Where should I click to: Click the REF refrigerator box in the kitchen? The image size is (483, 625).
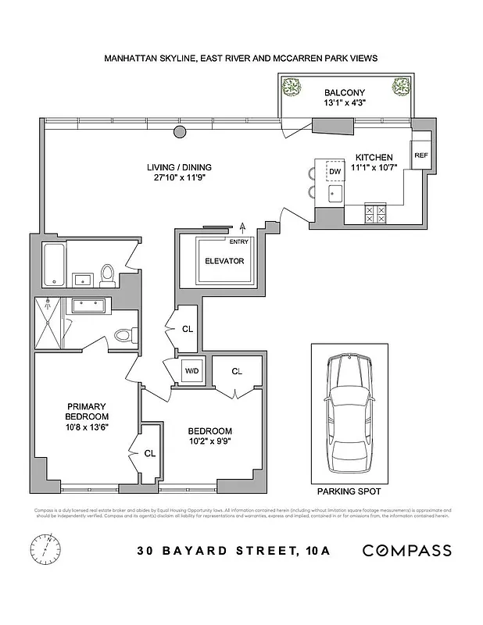coord(420,155)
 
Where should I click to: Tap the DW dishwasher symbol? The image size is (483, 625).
coord(335,171)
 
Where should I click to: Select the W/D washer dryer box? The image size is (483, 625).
coord(191,371)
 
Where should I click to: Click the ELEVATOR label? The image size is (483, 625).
coord(225,261)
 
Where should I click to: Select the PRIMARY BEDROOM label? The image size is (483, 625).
coord(87,411)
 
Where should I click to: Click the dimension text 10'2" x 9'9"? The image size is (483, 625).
coord(209,441)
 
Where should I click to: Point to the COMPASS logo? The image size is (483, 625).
coord(406,550)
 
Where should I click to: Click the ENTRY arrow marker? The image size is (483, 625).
coord(243,227)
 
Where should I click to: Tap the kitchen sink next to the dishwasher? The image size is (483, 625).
coord(335,192)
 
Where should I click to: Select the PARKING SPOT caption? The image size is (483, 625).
coord(348,493)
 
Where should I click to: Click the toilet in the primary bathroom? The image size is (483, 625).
coord(121,336)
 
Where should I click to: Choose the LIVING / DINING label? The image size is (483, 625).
coord(180,167)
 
